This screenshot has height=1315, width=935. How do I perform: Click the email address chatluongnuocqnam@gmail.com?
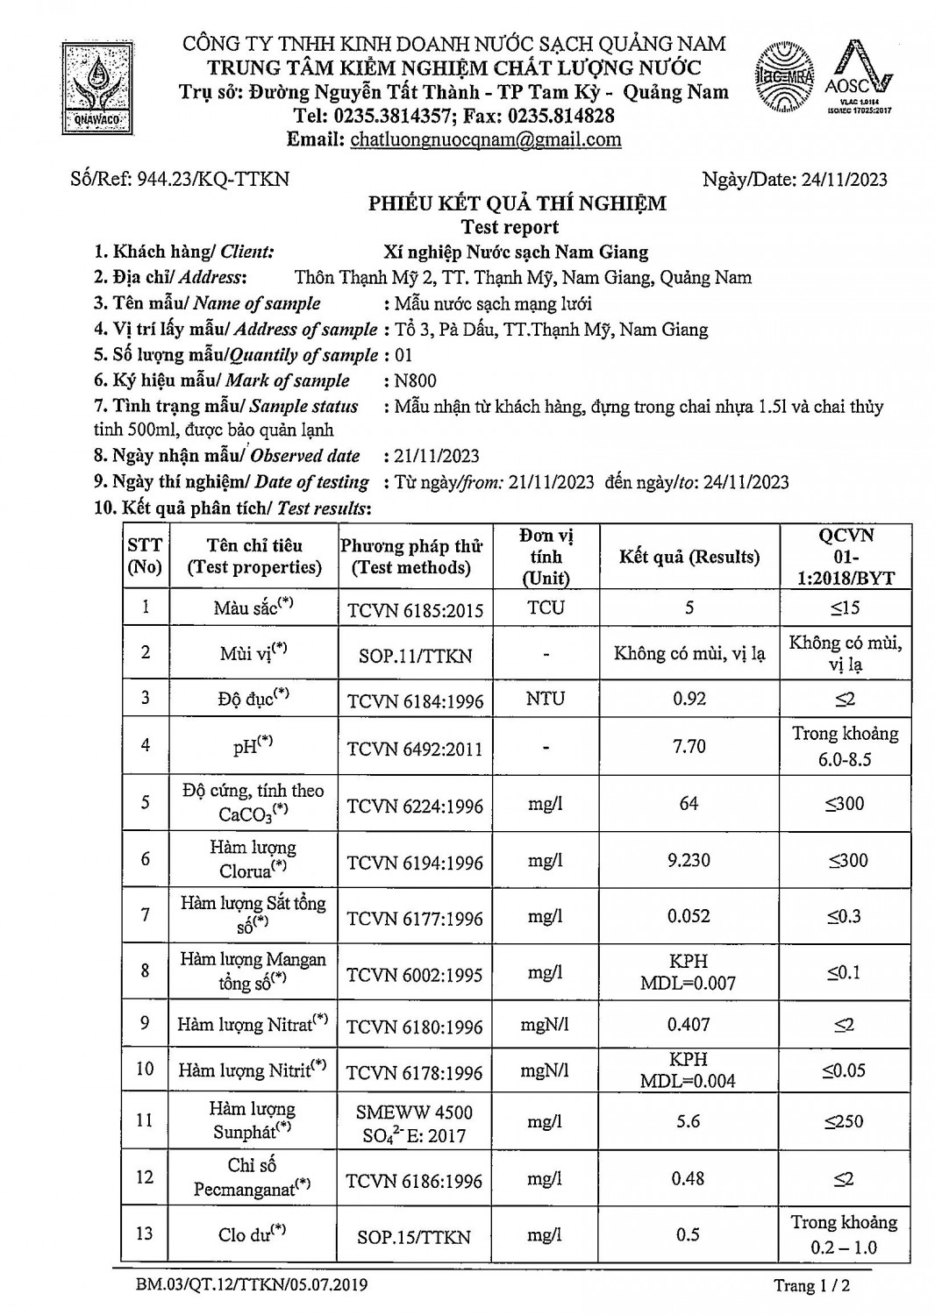pyautogui.click(x=485, y=139)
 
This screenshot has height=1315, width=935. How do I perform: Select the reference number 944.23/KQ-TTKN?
pyautogui.click(x=180, y=180)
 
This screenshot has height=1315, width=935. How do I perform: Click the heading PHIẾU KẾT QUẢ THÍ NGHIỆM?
pyautogui.click(x=517, y=203)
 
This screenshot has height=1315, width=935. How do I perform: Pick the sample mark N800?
pyautogui.click(x=415, y=380)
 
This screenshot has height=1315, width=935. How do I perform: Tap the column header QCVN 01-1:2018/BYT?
pyautogui.click(x=846, y=557)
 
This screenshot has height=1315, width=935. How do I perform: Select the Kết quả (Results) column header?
pyautogui.click(x=689, y=557)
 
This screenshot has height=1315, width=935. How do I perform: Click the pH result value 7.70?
pyautogui.click(x=689, y=746)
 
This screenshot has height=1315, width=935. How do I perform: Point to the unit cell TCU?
pyautogui.click(x=546, y=608)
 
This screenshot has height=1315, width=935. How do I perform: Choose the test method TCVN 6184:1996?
pyautogui.click(x=415, y=700)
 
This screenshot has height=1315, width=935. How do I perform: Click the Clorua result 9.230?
pyautogui.click(x=689, y=860)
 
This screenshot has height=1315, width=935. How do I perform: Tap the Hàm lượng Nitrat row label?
pyautogui.click(x=253, y=1023)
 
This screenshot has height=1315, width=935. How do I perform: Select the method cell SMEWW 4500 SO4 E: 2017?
pyautogui.click(x=415, y=1124)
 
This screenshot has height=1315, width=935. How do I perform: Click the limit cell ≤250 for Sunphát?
pyautogui.click(x=844, y=1121)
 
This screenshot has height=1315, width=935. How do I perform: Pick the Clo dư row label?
pyautogui.click(x=252, y=1234)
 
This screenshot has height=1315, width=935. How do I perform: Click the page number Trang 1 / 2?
pyautogui.click(x=811, y=1286)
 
